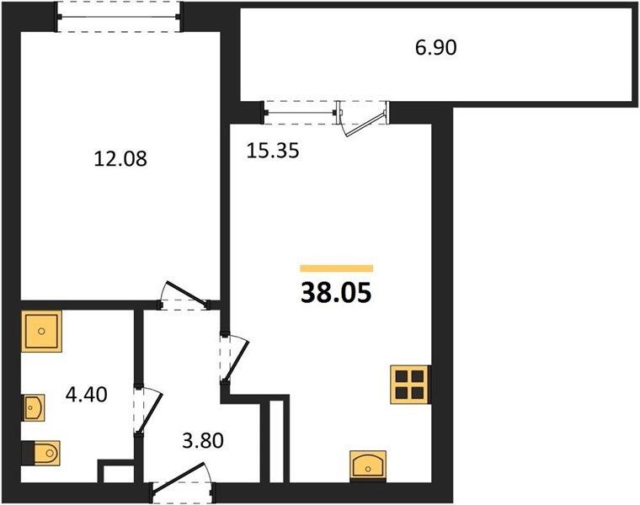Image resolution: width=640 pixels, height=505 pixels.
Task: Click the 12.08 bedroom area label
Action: (120, 159)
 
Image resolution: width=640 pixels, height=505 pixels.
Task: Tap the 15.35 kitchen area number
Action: (273, 151)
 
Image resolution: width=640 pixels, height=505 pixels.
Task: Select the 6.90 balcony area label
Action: (436, 48)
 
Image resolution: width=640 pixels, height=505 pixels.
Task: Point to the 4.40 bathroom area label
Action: (87, 395)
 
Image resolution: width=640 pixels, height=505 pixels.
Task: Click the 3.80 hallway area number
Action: (203, 440)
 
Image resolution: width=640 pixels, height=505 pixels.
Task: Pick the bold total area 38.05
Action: (336, 293)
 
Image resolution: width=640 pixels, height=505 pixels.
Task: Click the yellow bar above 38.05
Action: (337, 268)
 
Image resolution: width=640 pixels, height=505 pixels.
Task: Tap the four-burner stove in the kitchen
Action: (410, 385)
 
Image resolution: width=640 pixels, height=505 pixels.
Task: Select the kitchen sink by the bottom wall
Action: (368, 465)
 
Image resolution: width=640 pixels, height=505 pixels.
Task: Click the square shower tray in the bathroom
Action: (41, 332)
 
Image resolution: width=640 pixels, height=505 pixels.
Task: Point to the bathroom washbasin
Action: (34, 407)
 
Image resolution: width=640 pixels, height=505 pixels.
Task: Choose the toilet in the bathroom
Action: (41, 452)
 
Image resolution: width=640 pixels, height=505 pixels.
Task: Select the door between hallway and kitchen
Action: (234, 359)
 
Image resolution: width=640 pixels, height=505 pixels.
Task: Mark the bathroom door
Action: (148, 411)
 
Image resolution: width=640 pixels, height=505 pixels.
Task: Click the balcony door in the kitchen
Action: (361, 119)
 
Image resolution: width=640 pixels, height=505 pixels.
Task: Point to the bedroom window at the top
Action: (119, 17)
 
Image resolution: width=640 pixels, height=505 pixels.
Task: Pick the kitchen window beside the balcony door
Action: (299, 112)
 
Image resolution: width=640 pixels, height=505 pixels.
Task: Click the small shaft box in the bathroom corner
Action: (116, 471)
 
